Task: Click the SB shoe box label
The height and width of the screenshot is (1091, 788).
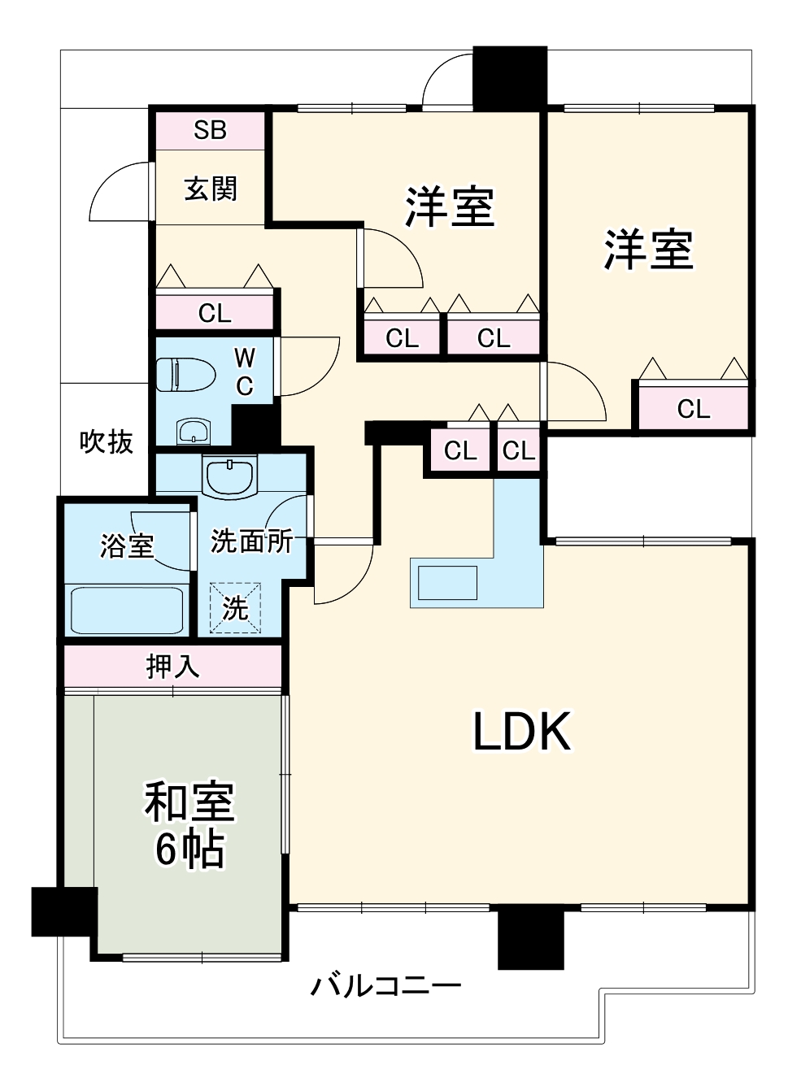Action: click(x=210, y=130)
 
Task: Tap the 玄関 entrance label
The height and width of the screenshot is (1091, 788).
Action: click(x=211, y=189)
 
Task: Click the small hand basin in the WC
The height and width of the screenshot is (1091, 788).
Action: click(x=193, y=431)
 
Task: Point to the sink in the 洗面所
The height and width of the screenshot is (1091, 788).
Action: click(x=231, y=476)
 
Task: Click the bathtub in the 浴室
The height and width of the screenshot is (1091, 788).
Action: click(x=127, y=610)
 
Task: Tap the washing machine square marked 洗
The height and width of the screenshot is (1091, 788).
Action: click(x=236, y=607)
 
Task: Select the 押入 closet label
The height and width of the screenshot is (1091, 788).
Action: click(x=172, y=667)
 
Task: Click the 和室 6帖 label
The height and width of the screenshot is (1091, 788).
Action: click(x=189, y=824)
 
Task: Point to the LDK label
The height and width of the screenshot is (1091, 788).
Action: click(x=522, y=731)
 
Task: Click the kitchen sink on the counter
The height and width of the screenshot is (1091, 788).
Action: click(x=445, y=583)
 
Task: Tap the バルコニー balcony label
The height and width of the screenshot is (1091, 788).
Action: click(x=385, y=987)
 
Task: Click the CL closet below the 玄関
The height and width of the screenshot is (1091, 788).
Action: click(x=215, y=313)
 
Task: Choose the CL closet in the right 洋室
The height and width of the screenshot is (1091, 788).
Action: click(x=693, y=408)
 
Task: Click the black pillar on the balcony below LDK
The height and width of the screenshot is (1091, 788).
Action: click(x=530, y=937)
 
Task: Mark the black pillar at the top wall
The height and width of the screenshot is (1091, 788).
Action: click(x=509, y=78)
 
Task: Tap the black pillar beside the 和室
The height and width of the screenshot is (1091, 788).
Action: click(x=64, y=911)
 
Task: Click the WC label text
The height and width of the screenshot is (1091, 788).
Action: click(x=245, y=372)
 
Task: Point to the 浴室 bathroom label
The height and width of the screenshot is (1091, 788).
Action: click(x=127, y=545)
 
